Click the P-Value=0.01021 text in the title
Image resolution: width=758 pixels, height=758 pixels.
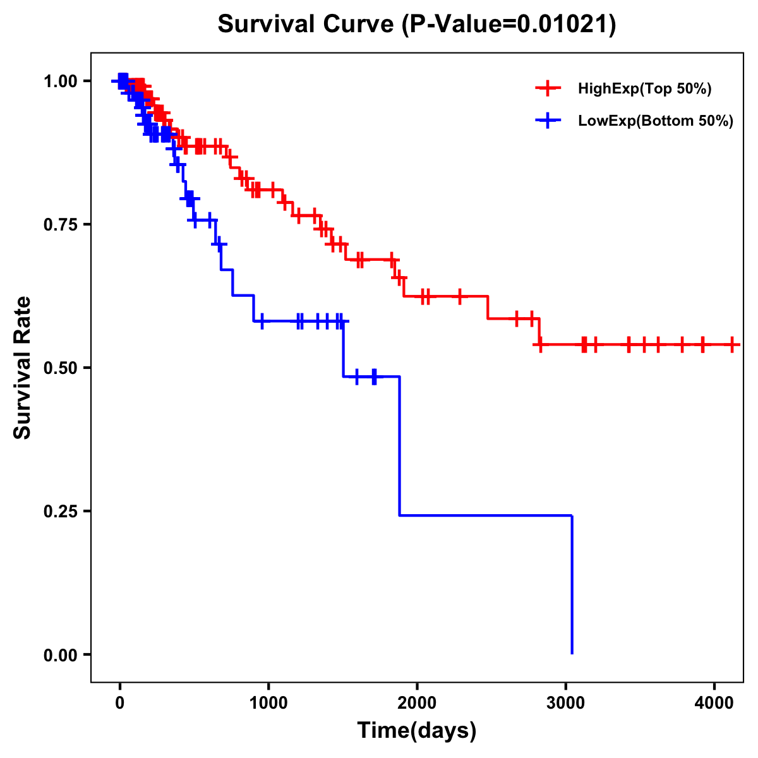(x=512, y=25)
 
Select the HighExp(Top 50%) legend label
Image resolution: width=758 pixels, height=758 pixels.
(x=645, y=88)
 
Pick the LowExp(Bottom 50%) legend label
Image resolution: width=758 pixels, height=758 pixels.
(x=656, y=121)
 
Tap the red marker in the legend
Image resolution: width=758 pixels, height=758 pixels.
(x=547, y=88)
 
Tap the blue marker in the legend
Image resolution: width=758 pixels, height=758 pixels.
(x=547, y=121)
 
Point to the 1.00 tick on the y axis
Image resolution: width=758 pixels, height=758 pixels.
(x=62, y=81)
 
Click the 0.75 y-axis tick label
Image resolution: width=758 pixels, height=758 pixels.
(x=62, y=224)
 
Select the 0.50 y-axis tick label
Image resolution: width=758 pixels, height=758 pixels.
(x=62, y=368)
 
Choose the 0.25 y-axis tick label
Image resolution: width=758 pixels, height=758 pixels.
(x=62, y=511)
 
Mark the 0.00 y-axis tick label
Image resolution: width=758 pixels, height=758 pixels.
(x=62, y=654)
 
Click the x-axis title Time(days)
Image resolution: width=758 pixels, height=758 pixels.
(x=417, y=731)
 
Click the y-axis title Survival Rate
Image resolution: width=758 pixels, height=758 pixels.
(x=23, y=368)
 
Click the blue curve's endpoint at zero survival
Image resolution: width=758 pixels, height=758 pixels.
(x=572, y=653)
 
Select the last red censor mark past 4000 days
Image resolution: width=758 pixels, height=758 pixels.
(x=732, y=344)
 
